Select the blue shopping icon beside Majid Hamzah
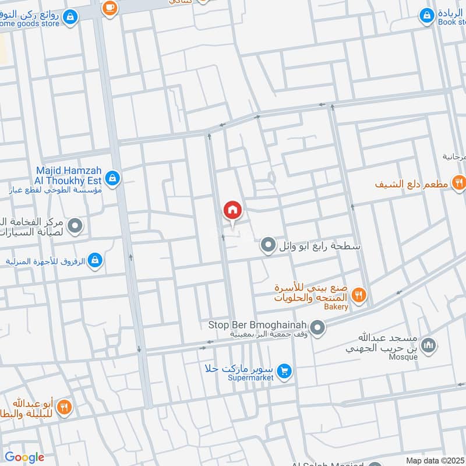click(x=113, y=178)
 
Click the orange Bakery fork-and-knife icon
click(x=359, y=295)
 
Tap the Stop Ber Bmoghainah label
click(x=257, y=325)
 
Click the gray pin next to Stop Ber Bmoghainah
click(x=317, y=329)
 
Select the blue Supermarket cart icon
click(x=284, y=370)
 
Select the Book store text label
click(x=452, y=22)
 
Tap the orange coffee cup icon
click(x=109, y=7)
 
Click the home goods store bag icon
click(x=70, y=17)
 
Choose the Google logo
click(x=24, y=457)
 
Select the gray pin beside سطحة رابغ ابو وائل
click(x=268, y=245)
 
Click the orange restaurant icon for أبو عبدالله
click(x=64, y=407)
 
